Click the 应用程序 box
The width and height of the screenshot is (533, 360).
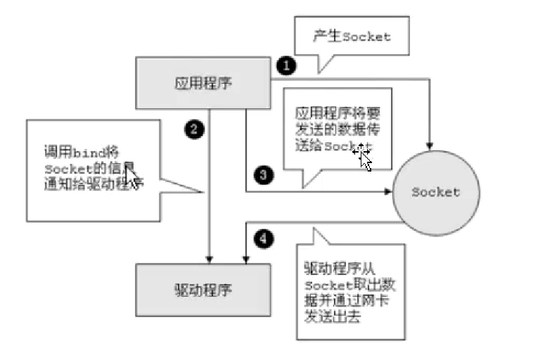pyautogui.click(x=203, y=84)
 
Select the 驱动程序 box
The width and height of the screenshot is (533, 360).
pyautogui.click(x=202, y=288)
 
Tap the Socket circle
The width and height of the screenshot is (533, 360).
pyautogui.click(x=435, y=192)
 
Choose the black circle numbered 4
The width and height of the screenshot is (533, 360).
pyautogui.click(x=263, y=239)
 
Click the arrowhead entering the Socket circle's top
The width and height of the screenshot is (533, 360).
pyautogui.click(x=430, y=146)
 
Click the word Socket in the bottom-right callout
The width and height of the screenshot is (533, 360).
pyautogui.click(x=328, y=285)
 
